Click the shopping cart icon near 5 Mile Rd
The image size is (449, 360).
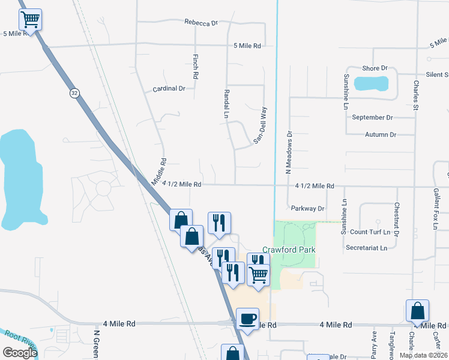(31, 19)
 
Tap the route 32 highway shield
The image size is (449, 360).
(74, 93)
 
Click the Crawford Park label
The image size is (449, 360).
(289, 250)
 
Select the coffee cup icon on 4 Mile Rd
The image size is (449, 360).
(247, 318)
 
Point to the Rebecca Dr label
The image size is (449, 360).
(200, 23)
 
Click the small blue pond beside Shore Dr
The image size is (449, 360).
(371, 83)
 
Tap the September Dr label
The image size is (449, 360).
(372, 118)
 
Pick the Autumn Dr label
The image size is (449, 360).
(381, 135)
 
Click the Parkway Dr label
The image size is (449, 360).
(307, 209)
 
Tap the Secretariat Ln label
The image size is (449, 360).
(371, 247)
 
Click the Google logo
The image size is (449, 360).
(20, 352)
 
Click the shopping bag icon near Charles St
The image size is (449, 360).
(417, 311)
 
